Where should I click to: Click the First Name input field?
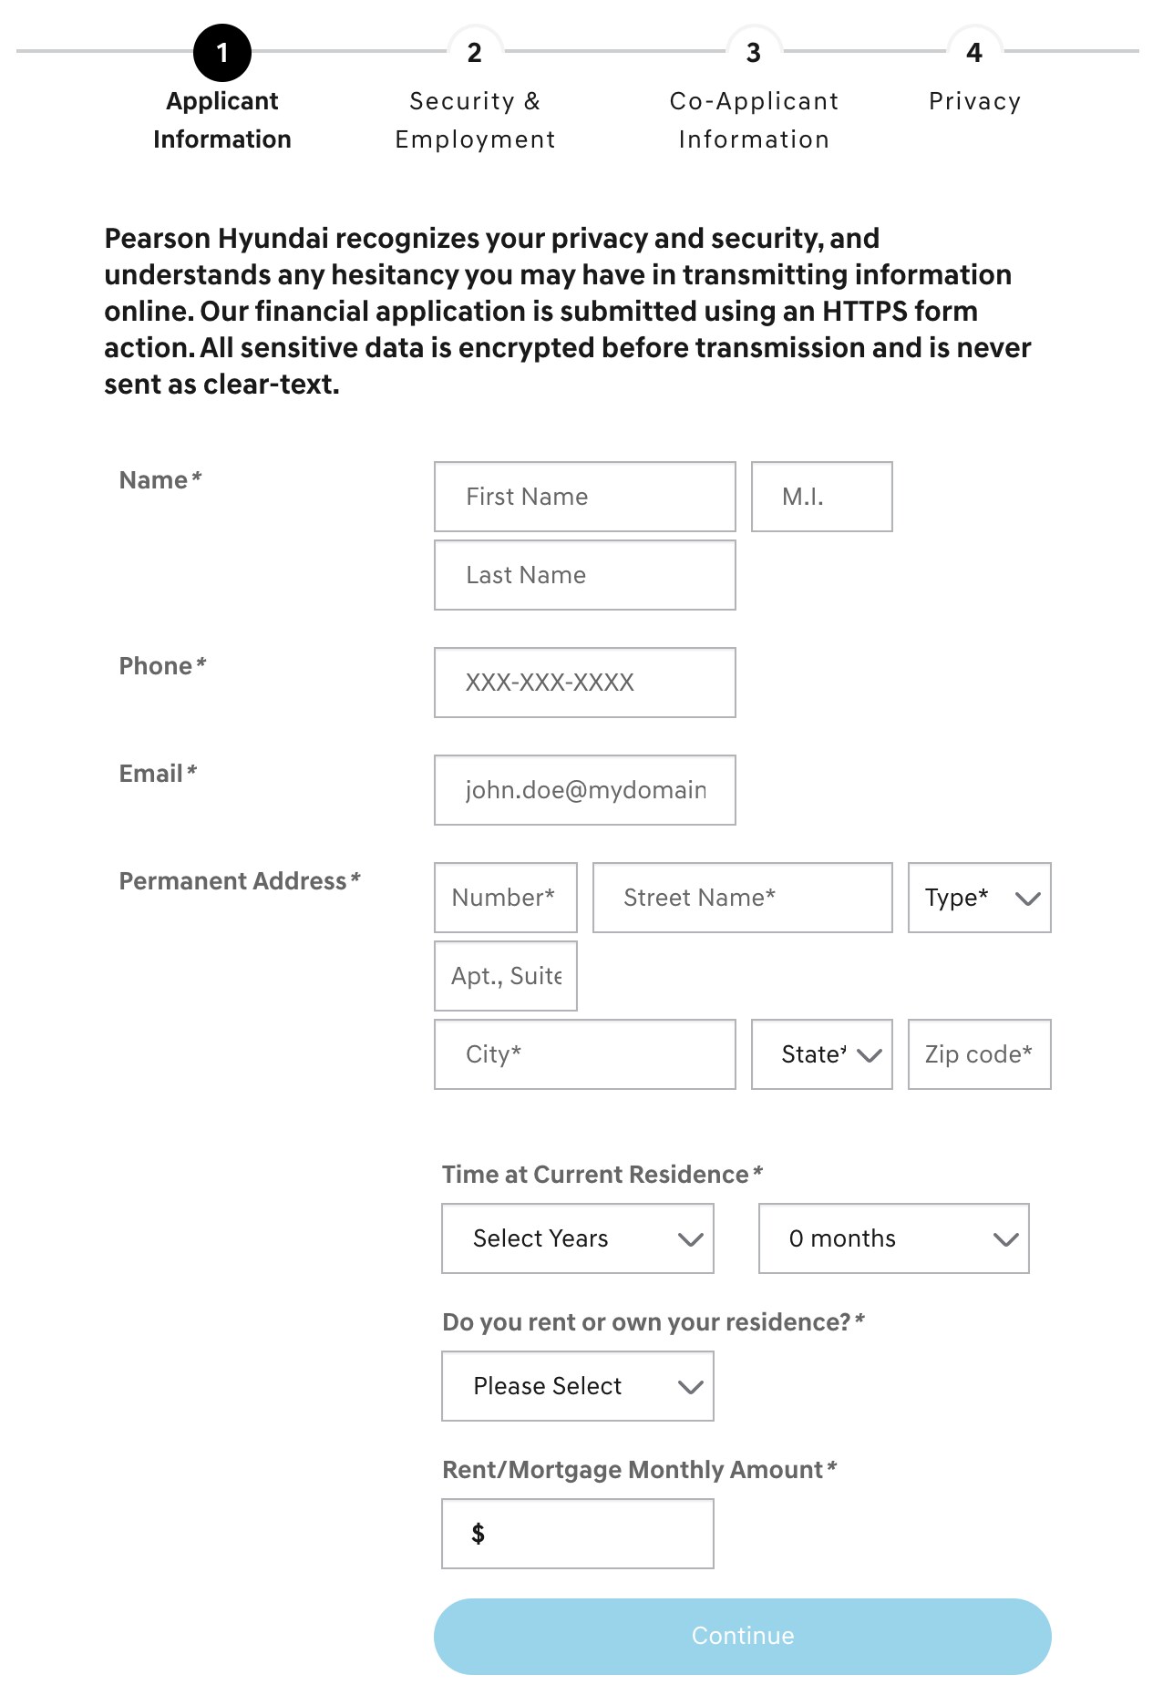584,497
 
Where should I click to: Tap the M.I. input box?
821,497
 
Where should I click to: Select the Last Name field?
584,575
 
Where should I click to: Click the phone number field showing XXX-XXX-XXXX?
584,683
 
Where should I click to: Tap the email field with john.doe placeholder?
584,790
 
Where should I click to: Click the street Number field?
505,898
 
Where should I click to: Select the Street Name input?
742,898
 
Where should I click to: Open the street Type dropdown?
979,898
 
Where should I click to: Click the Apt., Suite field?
505,976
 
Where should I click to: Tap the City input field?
584,1054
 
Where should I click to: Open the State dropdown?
821,1054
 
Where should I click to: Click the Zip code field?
979,1054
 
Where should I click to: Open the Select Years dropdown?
577,1238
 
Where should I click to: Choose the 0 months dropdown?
893,1238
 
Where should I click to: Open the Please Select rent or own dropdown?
577,1386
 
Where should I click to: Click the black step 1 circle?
221,53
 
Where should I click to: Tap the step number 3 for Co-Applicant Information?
753,53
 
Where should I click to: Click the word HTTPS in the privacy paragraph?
864,312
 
